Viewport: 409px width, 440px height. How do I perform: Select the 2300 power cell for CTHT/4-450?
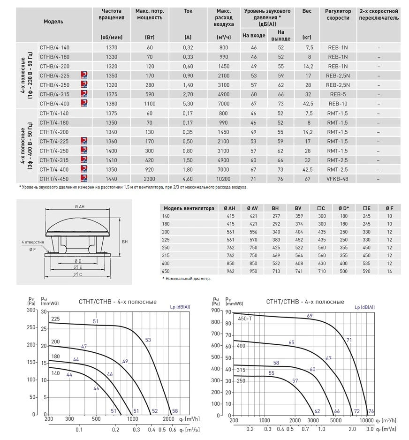click(150, 179)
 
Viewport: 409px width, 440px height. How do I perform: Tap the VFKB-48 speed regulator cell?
click(337, 179)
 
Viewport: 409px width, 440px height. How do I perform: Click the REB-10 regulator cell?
click(337, 104)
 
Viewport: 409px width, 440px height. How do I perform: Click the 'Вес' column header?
click(307, 11)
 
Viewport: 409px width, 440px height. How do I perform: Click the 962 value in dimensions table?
click(230, 272)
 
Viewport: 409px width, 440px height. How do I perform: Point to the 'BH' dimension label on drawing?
click(124, 241)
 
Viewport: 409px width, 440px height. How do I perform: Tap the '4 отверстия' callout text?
click(32, 242)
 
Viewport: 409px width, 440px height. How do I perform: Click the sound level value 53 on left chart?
click(148, 340)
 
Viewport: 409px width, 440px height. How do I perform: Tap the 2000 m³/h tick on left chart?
click(168, 419)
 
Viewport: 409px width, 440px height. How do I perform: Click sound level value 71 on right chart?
click(349, 340)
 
